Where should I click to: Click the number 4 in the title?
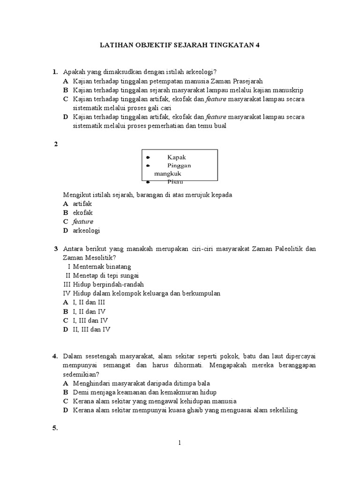[256, 45]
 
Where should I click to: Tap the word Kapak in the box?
[176, 157]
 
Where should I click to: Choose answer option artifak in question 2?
[82, 204]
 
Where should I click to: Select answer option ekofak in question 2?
[82, 212]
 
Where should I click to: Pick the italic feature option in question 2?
[83, 221]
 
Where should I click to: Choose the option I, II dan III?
[89, 302]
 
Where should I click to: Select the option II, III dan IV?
[92, 329]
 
